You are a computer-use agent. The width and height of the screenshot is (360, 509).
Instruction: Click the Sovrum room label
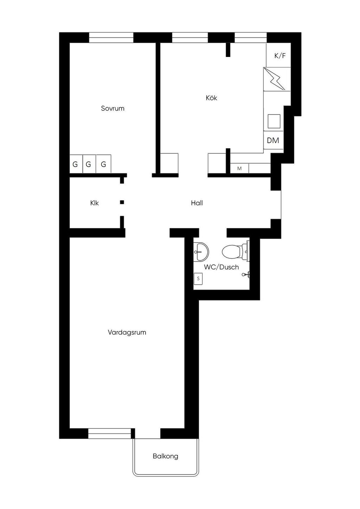click(113, 108)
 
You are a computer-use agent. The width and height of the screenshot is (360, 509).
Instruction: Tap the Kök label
click(211, 98)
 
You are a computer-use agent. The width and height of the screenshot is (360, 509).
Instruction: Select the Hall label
click(197, 203)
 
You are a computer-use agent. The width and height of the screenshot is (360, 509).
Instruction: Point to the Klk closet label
click(95, 203)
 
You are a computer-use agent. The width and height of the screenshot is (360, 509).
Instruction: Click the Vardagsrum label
click(127, 333)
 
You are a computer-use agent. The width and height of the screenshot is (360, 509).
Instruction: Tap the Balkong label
click(166, 456)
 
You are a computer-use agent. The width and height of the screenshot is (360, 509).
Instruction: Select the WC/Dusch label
click(221, 267)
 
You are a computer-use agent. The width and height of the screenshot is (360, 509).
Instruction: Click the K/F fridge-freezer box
click(278, 55)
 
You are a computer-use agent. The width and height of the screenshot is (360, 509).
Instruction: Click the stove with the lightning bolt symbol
click(277, 79)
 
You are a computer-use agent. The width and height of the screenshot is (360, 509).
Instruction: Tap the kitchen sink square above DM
click(274, 121)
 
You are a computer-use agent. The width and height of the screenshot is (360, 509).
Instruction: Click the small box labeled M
click(239, 168)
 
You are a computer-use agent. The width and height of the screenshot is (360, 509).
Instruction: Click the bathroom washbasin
click(201, 252)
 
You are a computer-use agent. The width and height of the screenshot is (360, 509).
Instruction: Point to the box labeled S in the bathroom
click(198, 279)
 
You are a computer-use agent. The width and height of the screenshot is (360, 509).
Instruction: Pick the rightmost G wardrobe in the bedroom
click(104, 164)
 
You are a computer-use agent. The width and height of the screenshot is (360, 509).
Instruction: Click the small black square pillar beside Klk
click(122, 202)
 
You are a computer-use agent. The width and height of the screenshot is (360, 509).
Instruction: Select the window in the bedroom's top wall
click(111, 38)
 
